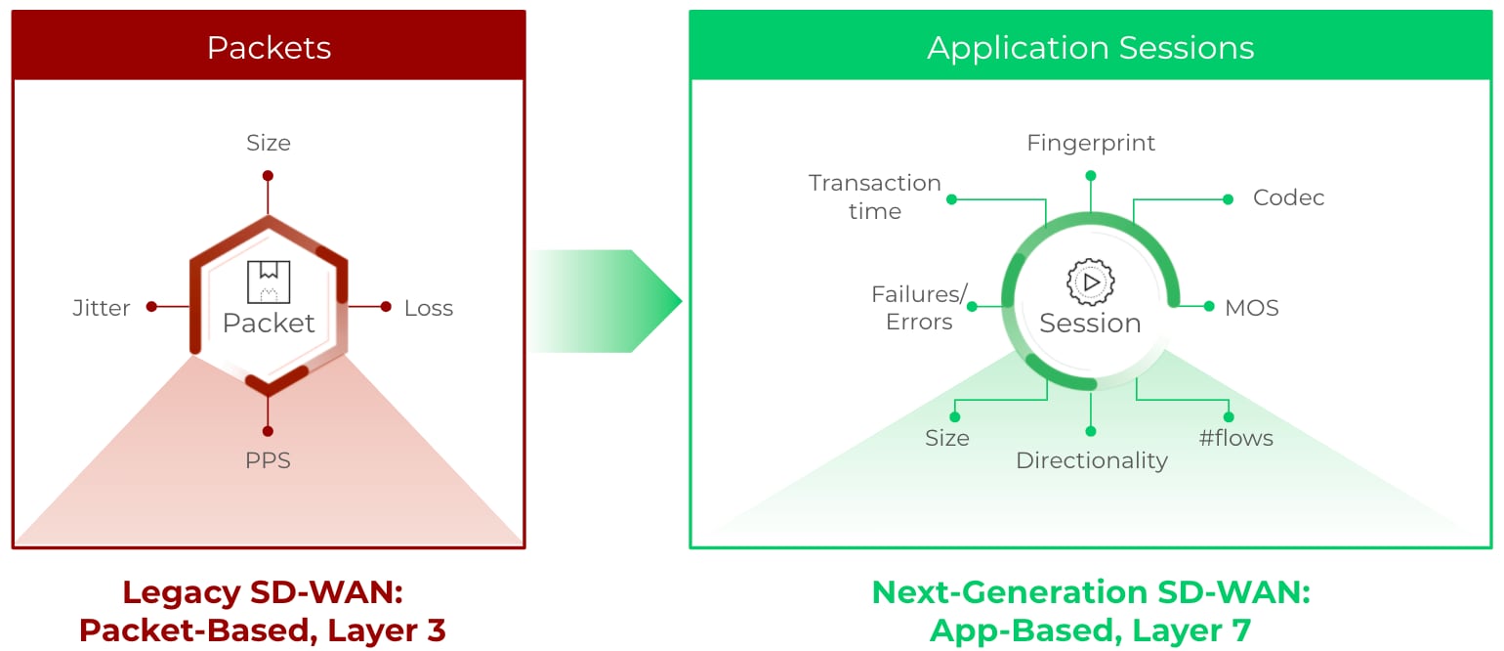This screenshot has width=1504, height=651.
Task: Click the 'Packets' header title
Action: [269, 48]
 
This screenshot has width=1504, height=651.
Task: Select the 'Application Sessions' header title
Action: [1090, 48]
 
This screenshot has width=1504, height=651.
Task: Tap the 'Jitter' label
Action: [102, 308]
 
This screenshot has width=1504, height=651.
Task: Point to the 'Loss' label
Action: [429, 308]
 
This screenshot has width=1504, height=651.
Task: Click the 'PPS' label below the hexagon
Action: [268, 460]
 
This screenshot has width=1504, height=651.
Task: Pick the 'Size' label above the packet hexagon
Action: [269, 143]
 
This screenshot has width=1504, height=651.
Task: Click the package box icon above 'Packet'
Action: [269, 282]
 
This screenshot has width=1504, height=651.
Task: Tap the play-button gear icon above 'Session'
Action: [1090, 282]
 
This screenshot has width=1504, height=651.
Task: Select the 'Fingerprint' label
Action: [1091, 143]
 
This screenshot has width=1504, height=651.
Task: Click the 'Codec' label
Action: [1288, 197]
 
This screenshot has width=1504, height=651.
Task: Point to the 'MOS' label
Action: [1252, 308]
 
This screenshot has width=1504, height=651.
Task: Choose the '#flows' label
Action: [1236, 438]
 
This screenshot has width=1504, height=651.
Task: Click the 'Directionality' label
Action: [1092, 460]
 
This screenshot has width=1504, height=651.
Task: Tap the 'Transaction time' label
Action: [875, 196]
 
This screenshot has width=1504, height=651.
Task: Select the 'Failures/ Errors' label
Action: [920, 308]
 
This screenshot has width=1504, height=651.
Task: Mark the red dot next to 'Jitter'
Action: [151, 307]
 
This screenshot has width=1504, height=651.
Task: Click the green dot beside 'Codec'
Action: [1228, 199]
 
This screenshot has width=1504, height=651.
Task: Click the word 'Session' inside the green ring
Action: [1090, 324]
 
